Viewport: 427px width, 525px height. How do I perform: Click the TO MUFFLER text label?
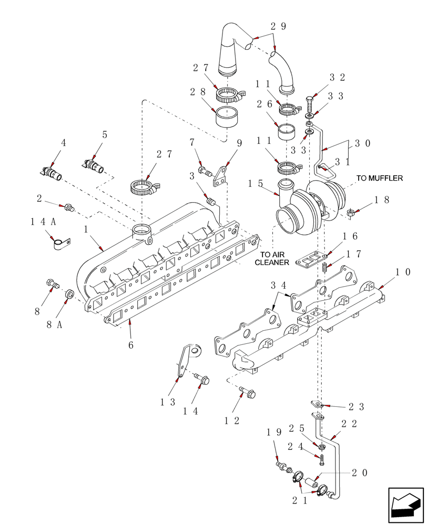pyautogui.click(x=379, y=178)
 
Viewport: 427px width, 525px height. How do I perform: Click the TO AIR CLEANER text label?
pyautogui.click(x=273, y=257)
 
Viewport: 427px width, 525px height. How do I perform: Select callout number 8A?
pyautogui.click(x=54, y=325)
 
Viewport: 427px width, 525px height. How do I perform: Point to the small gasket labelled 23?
pyautogui.click(x=317, y=404)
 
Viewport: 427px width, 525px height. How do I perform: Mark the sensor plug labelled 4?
pyautogui.click(x=51, y=172)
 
